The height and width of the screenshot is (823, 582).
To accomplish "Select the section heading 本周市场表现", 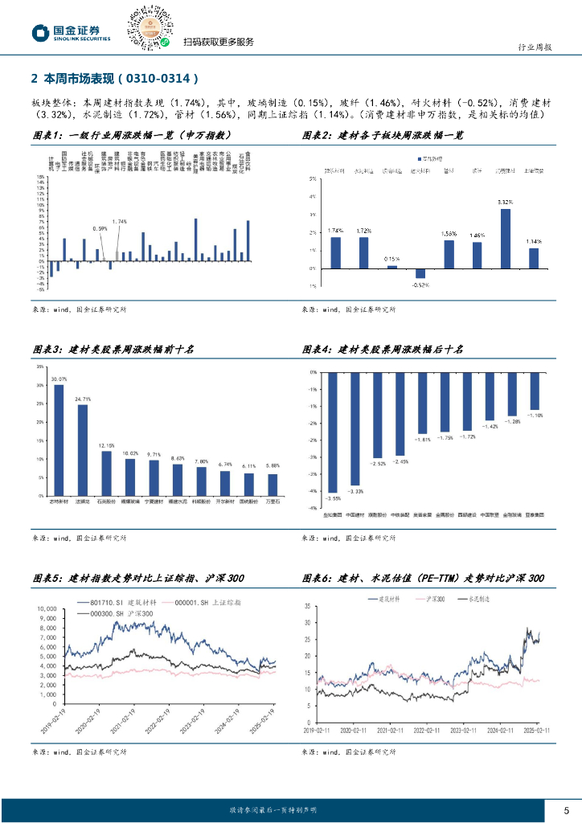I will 113,79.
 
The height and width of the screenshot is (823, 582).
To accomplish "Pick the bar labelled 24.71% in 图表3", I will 83,450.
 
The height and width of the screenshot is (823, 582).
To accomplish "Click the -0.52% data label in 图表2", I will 420,285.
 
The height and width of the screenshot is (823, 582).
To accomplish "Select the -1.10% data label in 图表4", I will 535,416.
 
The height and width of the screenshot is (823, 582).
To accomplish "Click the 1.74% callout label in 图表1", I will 120,221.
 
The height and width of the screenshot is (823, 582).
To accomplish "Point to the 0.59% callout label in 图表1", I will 100,228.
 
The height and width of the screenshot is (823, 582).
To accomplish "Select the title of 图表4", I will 383,349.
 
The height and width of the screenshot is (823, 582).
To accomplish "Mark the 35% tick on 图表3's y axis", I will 40,366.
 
